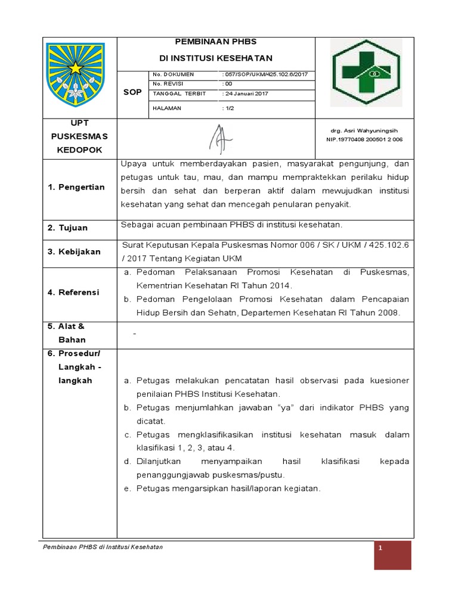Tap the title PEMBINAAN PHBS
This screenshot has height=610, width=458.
215,42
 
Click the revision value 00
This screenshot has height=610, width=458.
227,84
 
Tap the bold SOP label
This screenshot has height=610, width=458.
132,92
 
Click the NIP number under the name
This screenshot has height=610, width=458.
364,139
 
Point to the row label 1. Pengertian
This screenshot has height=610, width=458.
76,187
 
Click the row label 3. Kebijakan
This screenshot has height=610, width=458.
75,251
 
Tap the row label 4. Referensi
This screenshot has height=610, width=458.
74,292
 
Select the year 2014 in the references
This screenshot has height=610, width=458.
277,286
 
